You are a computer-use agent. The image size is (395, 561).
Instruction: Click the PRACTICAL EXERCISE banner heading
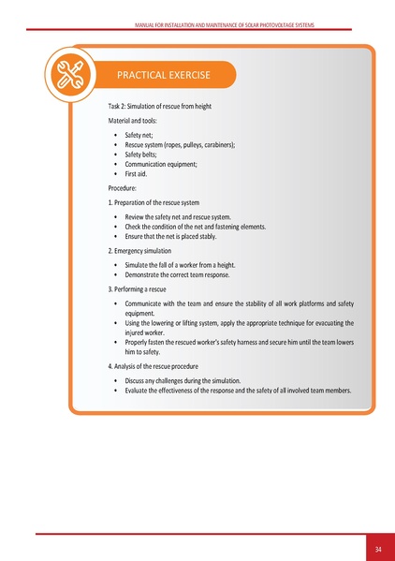163,74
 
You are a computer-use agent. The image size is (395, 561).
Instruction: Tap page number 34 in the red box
378,548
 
